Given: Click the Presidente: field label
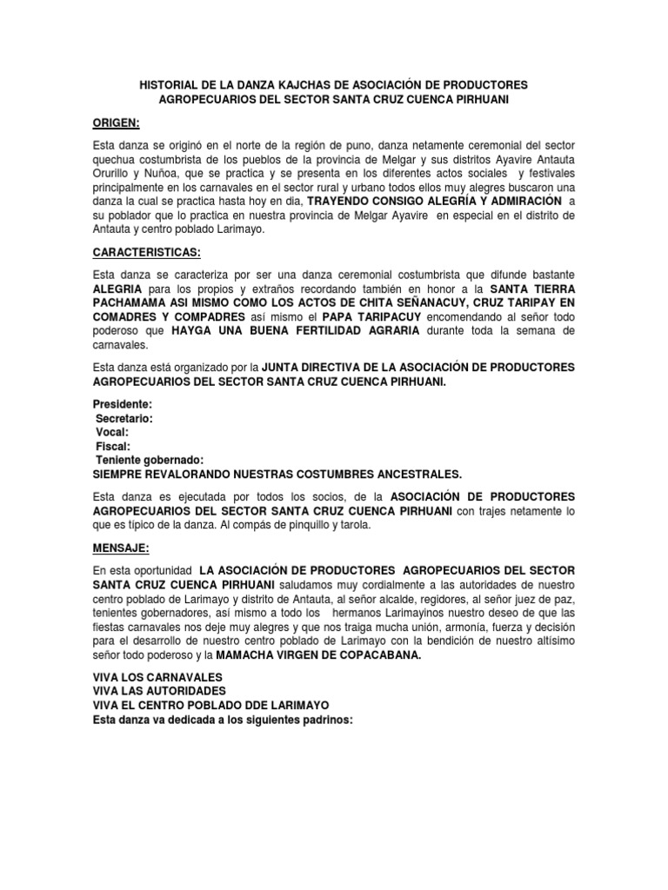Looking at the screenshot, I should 123,404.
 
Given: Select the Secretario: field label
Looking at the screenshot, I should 124,418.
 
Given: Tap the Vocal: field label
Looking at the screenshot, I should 113,432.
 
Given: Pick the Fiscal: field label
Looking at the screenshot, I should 114,446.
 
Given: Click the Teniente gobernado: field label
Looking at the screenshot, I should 150,460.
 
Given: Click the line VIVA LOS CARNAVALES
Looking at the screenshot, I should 157,676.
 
